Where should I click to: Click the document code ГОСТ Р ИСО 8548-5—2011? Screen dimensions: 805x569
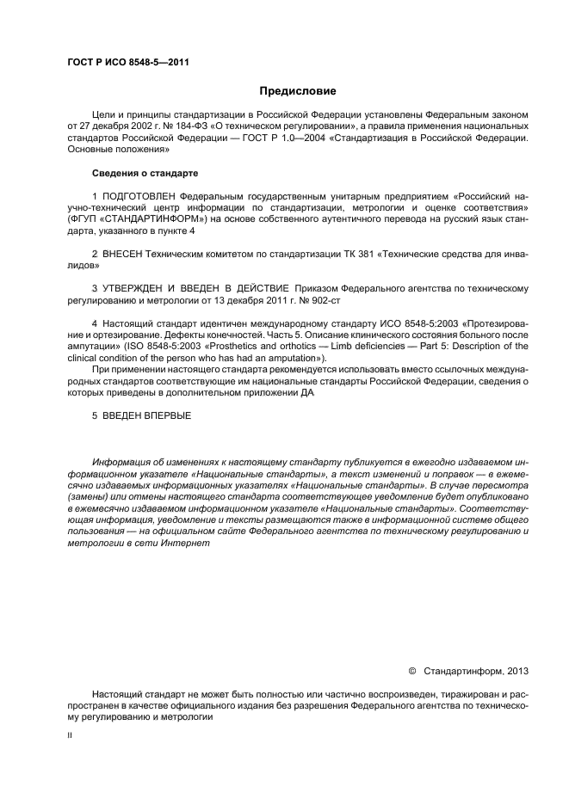[128, 63]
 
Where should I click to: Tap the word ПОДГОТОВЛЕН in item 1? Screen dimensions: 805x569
[141, 196]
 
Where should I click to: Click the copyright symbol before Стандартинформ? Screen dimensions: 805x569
[411, 669]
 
